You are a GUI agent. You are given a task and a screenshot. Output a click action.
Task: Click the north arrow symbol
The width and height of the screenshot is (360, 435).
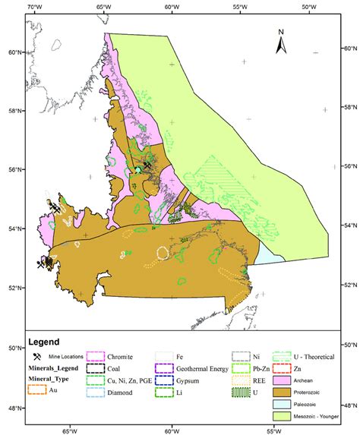280,43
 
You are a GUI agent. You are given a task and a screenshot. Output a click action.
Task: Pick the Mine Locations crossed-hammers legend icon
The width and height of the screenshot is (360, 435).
36,356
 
